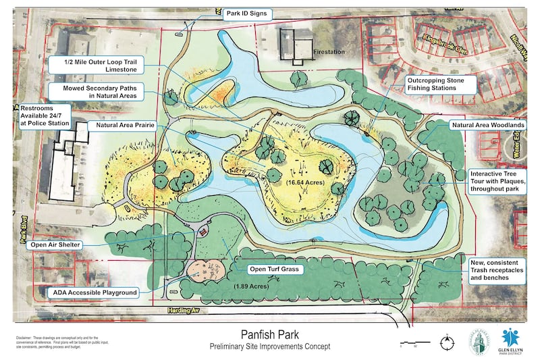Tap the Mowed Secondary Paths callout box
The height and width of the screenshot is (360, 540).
[100, 93]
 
